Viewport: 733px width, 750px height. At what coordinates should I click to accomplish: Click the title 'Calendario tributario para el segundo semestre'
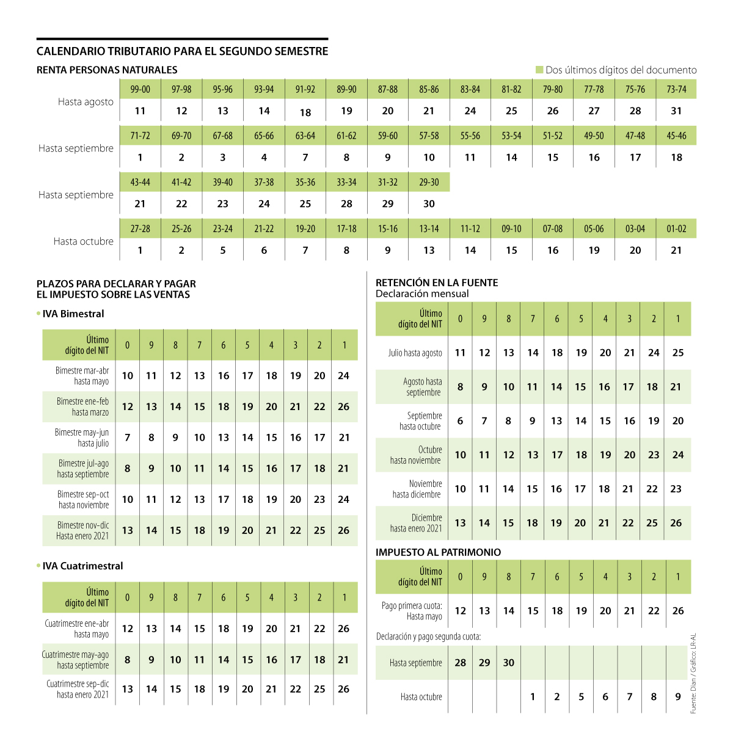(182, 51)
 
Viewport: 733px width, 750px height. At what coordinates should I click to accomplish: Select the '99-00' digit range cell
(140, 89)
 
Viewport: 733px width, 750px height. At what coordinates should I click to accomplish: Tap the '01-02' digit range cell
(676, 229)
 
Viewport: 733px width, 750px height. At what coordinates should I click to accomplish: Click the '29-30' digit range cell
(429, 182)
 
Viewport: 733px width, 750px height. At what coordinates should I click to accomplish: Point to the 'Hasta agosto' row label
(86, 102)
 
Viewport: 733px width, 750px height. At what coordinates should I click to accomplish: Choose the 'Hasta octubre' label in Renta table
(83, 241)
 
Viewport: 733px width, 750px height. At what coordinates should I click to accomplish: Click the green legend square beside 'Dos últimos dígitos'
(539, 70)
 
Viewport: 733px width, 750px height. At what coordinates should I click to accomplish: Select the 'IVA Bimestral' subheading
(73, 314)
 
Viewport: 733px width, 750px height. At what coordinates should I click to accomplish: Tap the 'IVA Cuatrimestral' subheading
(82, 566)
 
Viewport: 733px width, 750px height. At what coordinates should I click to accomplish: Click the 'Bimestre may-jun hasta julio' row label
(82, 438)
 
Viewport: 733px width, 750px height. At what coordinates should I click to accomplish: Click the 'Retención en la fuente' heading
(437, 283)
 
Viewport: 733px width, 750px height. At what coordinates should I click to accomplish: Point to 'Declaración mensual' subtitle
(422, 294)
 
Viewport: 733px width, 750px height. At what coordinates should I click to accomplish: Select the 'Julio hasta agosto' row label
(415, 353)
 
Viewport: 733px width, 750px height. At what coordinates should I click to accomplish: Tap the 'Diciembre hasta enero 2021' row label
(416, 523)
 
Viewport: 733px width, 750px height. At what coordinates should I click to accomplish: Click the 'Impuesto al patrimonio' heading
(438, 552)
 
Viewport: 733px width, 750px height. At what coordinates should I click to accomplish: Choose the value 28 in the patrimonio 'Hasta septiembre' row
(461, 663)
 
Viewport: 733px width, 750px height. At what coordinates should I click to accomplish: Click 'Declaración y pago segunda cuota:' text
(428, 636)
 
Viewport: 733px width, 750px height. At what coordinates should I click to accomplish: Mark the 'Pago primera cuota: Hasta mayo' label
(412, 611)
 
